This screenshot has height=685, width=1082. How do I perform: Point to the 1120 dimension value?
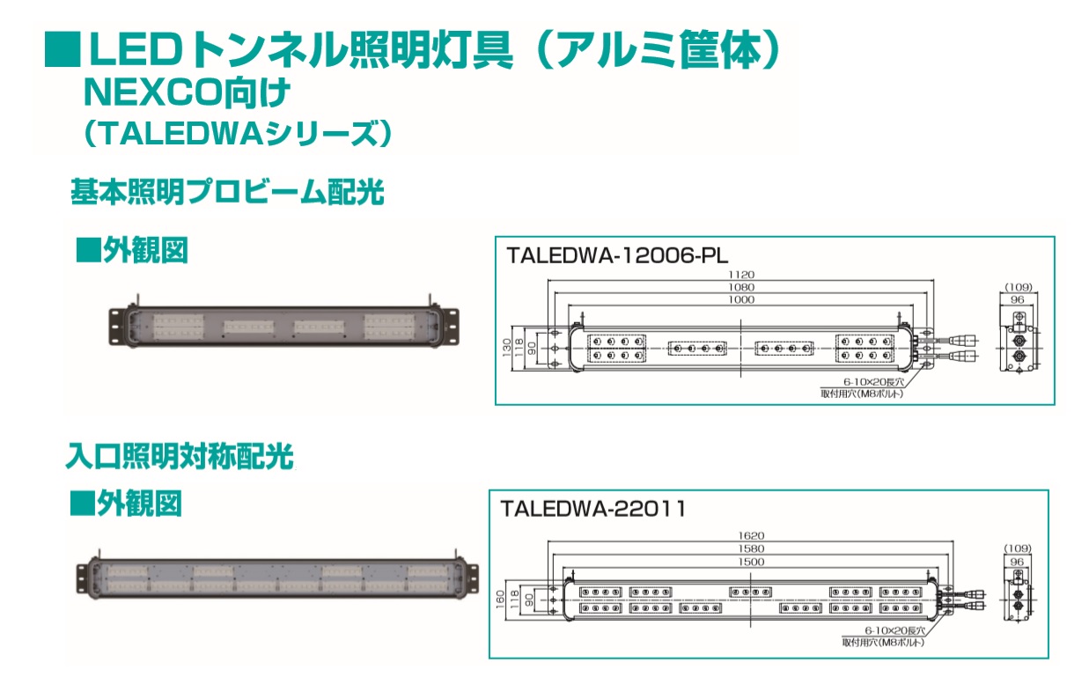[x=741, y=275]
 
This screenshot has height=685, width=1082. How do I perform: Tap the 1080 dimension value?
[x=741, y=287]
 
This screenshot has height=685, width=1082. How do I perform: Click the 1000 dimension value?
[x=741, y=299]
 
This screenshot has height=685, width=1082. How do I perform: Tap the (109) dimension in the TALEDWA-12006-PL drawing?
[x=1017, y=288]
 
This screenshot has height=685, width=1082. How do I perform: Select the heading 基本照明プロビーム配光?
[x=227, y=192]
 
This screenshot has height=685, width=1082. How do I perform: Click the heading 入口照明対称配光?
[x=180, y=456]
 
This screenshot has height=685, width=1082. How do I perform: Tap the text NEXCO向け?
[x=186, y=91]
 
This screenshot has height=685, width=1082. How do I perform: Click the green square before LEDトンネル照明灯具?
[x=62, y=50]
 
